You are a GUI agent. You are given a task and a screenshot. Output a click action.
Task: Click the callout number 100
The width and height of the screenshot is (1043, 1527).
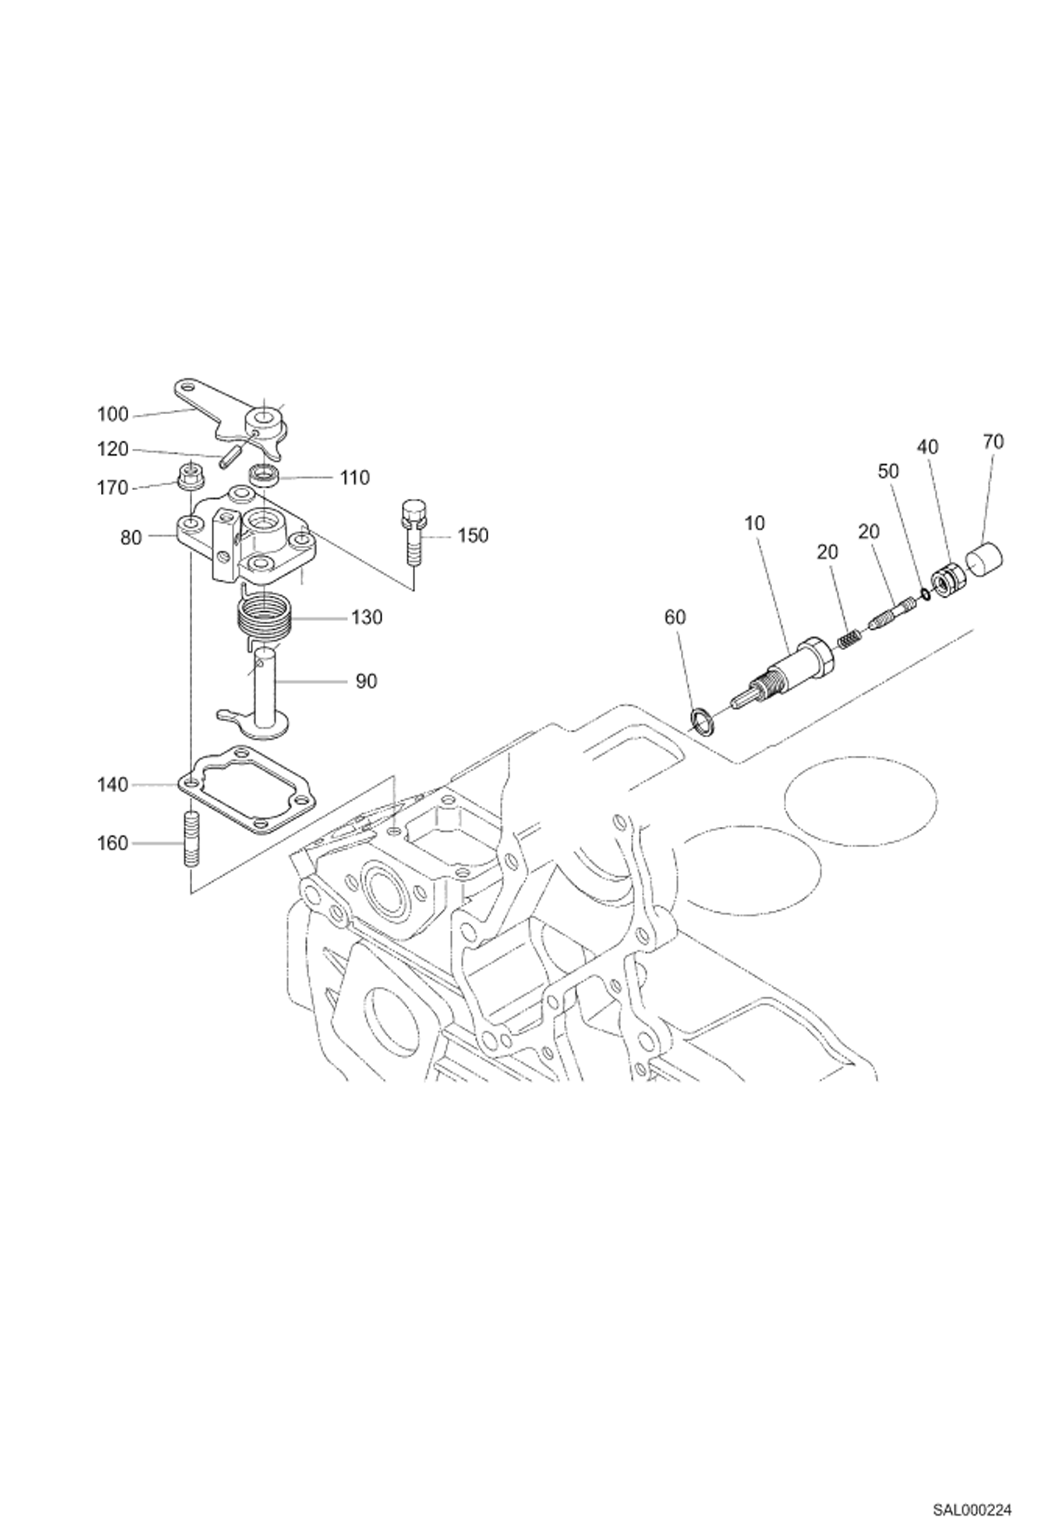point(113,415)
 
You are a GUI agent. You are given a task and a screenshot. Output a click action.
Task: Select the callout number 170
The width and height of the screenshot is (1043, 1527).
point(113,488)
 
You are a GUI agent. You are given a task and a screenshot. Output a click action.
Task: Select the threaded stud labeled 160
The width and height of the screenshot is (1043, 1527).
point(191,839)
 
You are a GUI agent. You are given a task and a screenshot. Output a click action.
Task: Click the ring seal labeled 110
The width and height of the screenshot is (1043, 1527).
point(265,475)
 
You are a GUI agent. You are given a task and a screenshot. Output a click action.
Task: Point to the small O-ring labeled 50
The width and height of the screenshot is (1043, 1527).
point(925,594)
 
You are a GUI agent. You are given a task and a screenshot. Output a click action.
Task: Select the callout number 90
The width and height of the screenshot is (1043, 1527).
point(366,681)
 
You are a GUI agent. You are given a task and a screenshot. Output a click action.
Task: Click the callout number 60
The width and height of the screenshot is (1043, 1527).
point(675,617)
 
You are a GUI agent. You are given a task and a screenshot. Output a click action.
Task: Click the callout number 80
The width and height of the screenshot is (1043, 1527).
point(131,537)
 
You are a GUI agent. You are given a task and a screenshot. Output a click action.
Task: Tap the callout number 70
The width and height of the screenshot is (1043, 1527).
point(994,441)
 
